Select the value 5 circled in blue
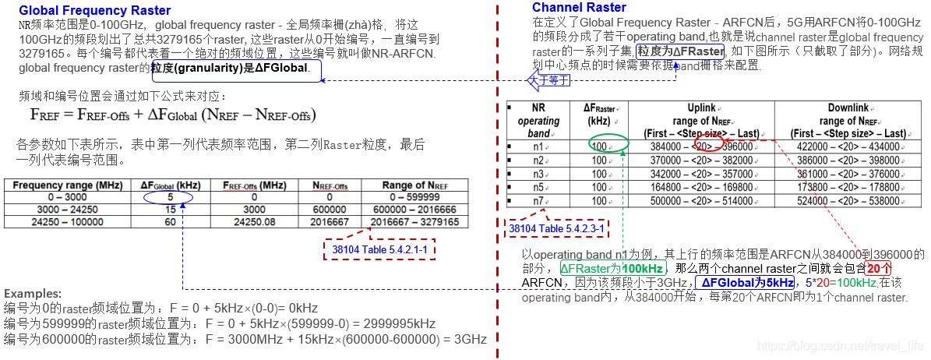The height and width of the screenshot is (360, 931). [x=168, y=198]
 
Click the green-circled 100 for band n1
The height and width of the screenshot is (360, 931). [x=599, y=146]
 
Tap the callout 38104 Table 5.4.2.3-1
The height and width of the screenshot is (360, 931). [x=557, y=228]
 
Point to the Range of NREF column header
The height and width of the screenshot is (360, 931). [x=415, y=185]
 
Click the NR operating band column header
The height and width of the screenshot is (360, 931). [x=538, y=121]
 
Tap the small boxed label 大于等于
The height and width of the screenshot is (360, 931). [x=548, y=79]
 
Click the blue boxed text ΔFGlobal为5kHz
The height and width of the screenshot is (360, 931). [x=745, y=283]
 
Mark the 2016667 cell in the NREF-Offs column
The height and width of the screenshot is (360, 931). [x=329, y=221]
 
